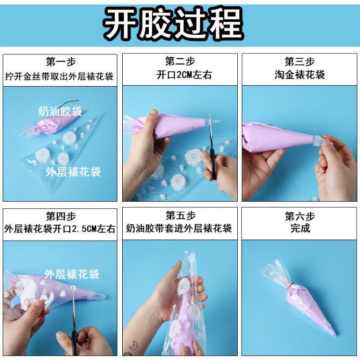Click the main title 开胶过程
pyautogui.click(x=173, y=23)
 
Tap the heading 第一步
pyautogui.click(x=61, y=62)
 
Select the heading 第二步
pyautogui.click(x=180, y=61)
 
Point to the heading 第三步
pyautogui.click(x=300, y=61)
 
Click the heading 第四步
pyautogui.click(x=61, y=216)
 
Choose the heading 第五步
pyautogui.click(x=180, y=216)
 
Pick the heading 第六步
pyautogui.click(x=300, y=216)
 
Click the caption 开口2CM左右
pyautogui.click(x=184, y=75)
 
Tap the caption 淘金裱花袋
pyautogui.click(x=300, y=75)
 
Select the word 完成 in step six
pyautogui.click(x=300, y=228)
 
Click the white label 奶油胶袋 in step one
pyautogui.click(x=60, y=111)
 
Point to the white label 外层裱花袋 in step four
pyautogui.click(x=72, y=274)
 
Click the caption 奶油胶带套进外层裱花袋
pyautogui.click(x=179, y=229)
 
